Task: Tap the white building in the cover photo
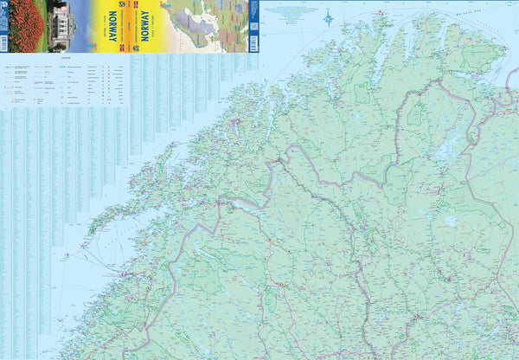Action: coord(60,19)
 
